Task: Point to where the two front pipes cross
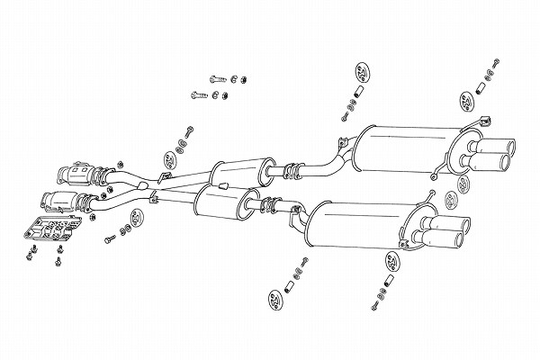[155, 185]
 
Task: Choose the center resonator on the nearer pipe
[220, 202]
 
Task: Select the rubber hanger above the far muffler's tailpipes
[468, 100]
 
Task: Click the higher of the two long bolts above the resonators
[219, 77]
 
